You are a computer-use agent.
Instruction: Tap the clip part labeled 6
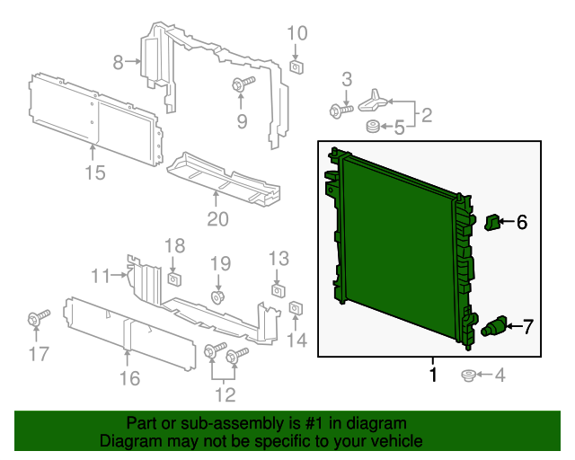492,221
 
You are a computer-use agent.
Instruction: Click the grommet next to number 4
467,375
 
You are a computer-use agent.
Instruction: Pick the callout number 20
218,218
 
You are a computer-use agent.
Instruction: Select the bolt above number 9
242,84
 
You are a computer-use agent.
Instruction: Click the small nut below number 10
296,65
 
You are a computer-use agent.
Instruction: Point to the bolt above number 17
38,318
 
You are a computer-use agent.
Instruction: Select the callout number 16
130,378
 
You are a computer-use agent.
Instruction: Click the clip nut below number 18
175,275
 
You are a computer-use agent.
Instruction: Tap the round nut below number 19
218,296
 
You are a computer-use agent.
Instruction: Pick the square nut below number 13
278,290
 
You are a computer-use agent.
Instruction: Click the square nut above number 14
296,311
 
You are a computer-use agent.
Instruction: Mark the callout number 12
225,394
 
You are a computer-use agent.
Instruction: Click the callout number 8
118,62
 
